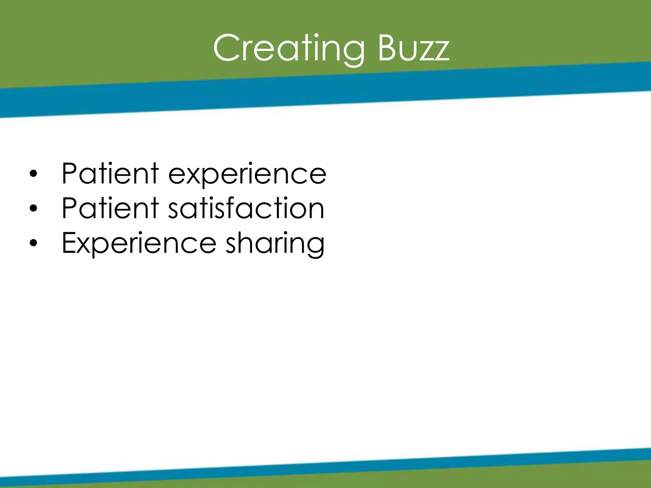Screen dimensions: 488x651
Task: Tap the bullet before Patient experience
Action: (x=33, y=174)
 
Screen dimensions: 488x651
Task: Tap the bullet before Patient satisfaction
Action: (x=33, y=209)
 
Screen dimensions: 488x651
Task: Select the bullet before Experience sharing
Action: (x=33, y=243)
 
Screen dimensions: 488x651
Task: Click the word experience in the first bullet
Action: (x=247, y=174)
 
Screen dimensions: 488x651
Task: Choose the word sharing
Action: (x=275, y=243)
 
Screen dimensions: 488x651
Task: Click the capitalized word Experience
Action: (x=139, y=243)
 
